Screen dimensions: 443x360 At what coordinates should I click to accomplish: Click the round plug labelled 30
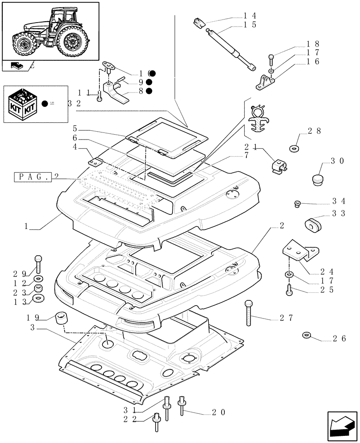(317, 179)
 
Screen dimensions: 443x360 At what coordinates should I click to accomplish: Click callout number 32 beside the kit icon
(74, 103)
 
